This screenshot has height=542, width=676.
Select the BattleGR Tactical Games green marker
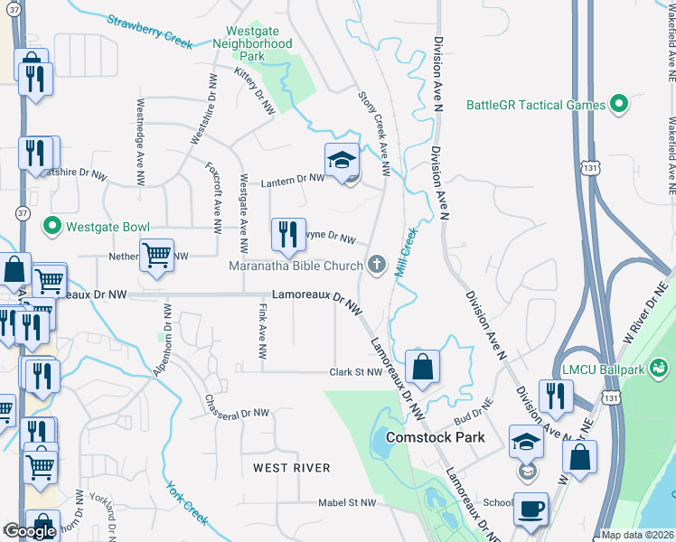tap(619, 105)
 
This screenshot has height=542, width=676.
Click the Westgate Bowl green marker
tap(52, 226)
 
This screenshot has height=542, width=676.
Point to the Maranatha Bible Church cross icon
tap(377, 265)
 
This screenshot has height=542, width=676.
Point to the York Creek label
tap(186, 503)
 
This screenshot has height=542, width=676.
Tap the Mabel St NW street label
tap(347, 502)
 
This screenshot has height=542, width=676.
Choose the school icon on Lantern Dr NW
tap(342, 162)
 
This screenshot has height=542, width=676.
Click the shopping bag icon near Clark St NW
tap(422, 368)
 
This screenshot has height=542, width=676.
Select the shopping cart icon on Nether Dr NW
tap(156, 257)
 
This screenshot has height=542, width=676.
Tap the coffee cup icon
tap(530, 509)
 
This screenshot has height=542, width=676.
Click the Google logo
tap(30, 532)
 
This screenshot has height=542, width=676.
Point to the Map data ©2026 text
tap(637, 535)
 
